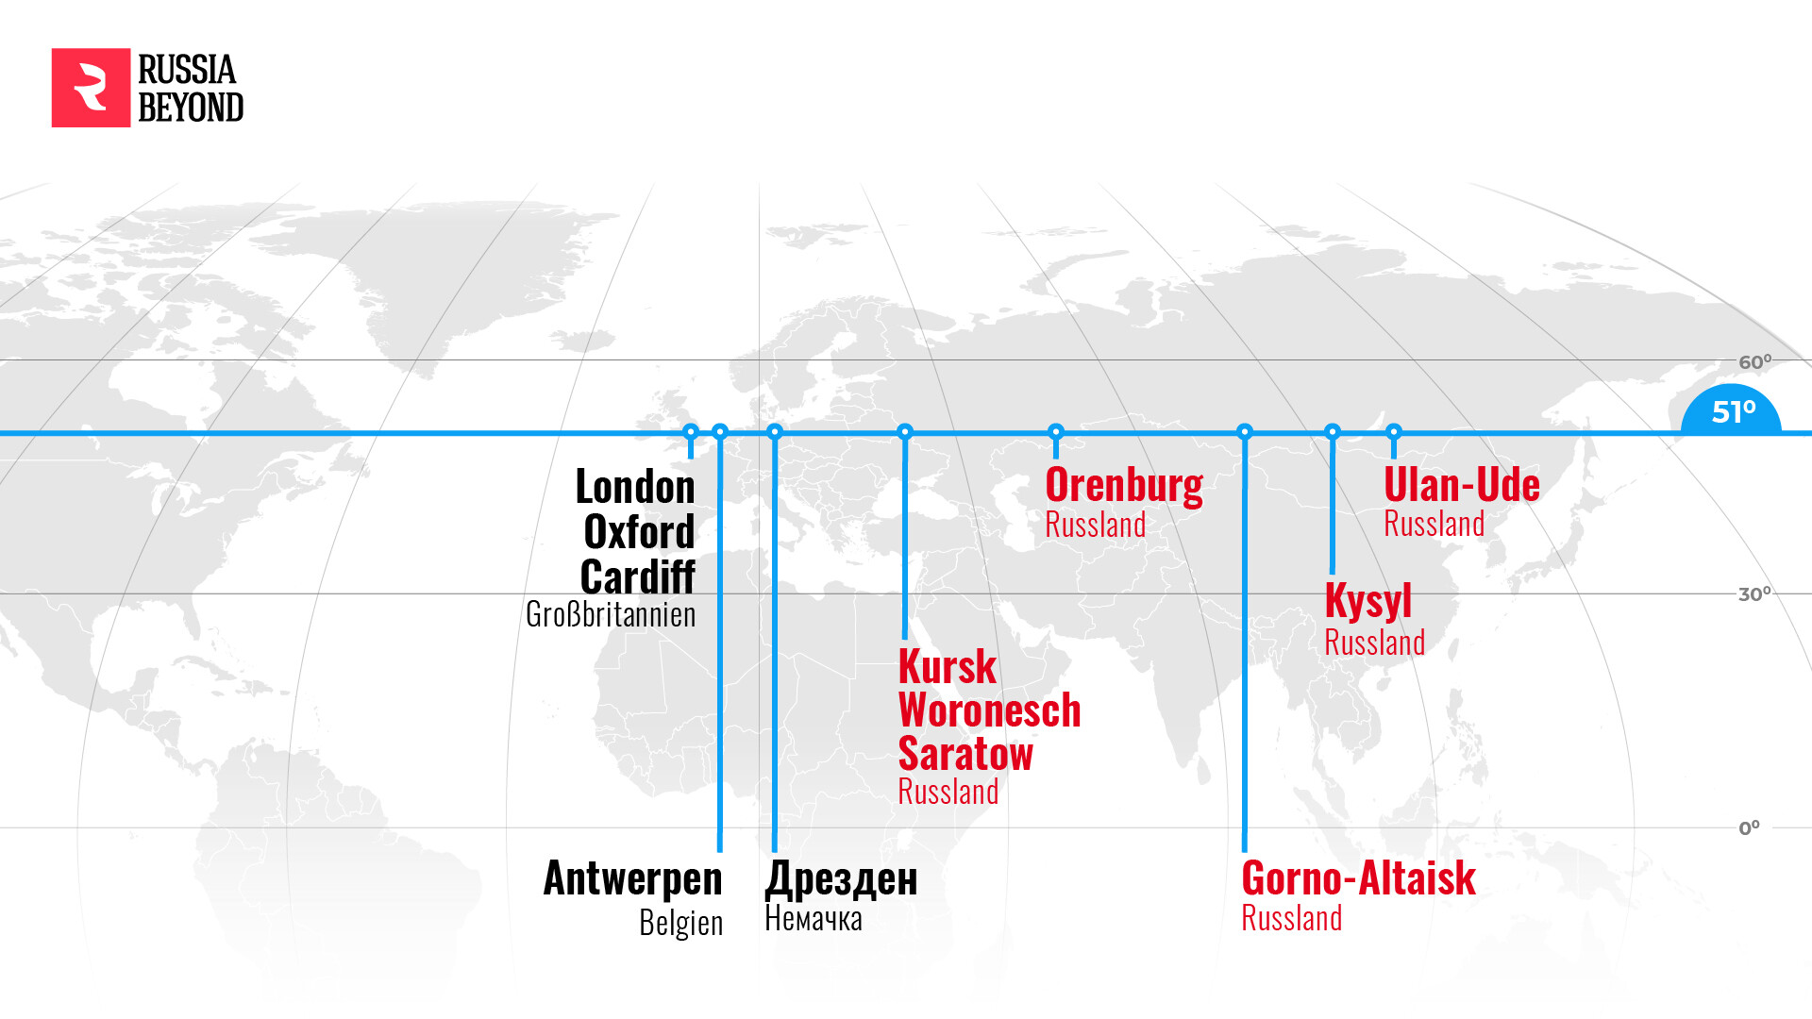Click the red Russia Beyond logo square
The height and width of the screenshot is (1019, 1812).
pos(91,88)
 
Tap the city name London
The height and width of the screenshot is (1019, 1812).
pos(635,487)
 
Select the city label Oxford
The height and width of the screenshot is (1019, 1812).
pos(639,532)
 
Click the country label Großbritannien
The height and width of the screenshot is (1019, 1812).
pos(611,614)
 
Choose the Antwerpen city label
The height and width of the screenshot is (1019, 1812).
pos(632,878)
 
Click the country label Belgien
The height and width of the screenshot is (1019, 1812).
pos(680,922)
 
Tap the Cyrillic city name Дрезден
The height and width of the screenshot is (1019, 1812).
pos(841,878)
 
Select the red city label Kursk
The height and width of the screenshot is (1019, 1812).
pos(947,667)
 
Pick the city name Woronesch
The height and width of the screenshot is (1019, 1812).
pos(989,710)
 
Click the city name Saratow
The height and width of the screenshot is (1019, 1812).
pos(965,754)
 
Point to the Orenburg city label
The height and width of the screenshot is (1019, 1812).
pos(1124,485)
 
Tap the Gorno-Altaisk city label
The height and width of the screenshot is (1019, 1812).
pos(1358,878)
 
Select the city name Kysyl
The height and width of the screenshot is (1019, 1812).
pos(1367,601)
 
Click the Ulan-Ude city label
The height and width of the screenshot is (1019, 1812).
pos(1461,485)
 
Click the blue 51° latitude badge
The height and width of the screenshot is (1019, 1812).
pos(1732,412)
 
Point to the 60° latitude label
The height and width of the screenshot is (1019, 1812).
pos(1754,362)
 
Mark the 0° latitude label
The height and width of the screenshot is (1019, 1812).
pos(1749,828)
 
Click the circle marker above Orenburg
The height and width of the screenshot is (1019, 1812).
pos(1056,432)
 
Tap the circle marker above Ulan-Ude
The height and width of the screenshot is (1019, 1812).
pos(1394,432)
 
